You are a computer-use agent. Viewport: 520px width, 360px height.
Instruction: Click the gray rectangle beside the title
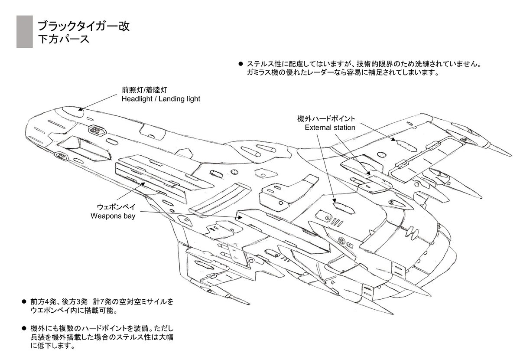24,32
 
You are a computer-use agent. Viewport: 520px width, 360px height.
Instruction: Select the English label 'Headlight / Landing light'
161,99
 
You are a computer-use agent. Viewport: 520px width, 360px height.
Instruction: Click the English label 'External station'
330,128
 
